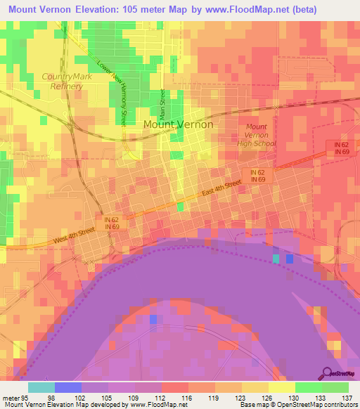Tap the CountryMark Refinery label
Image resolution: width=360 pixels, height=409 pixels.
click(x=63, y=81)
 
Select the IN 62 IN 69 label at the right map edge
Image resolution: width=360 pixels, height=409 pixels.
click(x=342, y=148)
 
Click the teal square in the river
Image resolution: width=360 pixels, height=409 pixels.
click(x=276, y=259)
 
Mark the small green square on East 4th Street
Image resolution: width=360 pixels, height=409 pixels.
click(x=181, y=206)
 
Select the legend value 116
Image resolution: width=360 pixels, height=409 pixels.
click(x=186, y=397)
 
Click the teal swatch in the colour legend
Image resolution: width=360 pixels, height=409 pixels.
click(x=41, y=387)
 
